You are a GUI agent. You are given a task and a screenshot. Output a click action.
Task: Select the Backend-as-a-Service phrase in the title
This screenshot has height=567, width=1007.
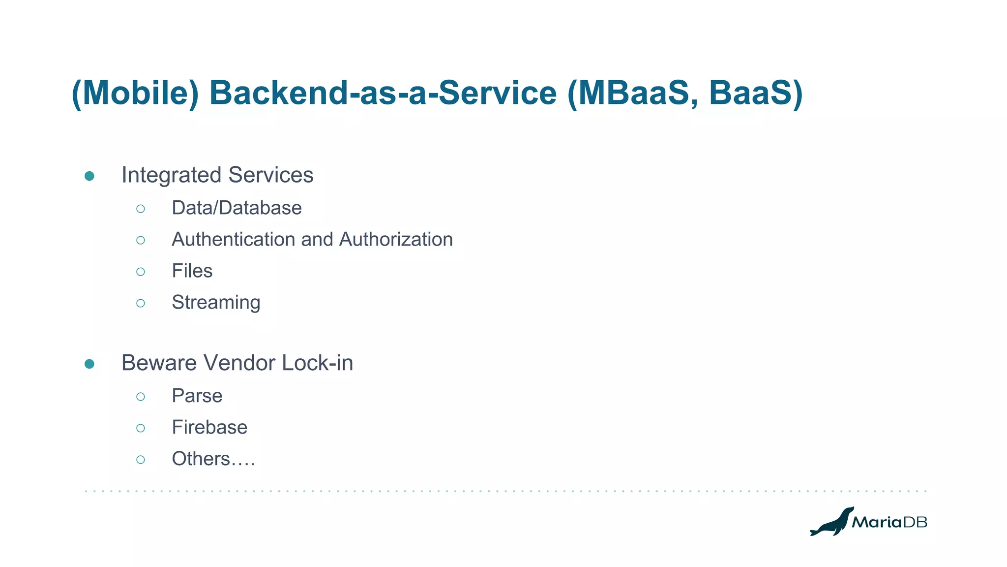[383, 93]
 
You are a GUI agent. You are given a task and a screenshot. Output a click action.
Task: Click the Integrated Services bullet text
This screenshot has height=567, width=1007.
[217, 175]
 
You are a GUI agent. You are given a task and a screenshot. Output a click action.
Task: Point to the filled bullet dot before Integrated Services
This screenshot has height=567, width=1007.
[89, 176]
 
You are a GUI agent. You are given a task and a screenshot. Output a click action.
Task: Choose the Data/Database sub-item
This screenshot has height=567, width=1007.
[237, 208]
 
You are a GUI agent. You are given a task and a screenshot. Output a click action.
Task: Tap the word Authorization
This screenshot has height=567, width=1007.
[396, 240]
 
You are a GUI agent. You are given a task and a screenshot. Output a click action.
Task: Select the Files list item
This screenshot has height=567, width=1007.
[192, 271]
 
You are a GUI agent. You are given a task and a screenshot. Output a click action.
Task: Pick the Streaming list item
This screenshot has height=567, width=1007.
[216, 303]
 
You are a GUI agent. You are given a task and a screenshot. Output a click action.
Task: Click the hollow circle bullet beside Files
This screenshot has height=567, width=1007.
[141, 272]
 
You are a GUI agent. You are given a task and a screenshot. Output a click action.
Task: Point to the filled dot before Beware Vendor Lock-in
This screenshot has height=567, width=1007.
[89, 364]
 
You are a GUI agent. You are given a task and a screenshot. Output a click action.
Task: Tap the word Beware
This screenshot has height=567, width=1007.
[158, 363]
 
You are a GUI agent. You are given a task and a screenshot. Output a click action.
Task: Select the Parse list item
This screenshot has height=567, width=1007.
[197, 396]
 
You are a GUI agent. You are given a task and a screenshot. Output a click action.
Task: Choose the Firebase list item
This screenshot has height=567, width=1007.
[209, 428]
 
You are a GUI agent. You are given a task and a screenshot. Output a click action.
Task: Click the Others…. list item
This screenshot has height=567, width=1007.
[213, 459]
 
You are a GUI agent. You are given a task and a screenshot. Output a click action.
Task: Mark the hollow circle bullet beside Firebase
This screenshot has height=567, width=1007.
[141, 428]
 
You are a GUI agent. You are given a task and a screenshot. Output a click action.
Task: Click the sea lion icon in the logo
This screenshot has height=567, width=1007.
[831, 522]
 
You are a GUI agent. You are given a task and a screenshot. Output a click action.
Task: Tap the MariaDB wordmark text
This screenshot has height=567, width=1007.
[889, 522]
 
